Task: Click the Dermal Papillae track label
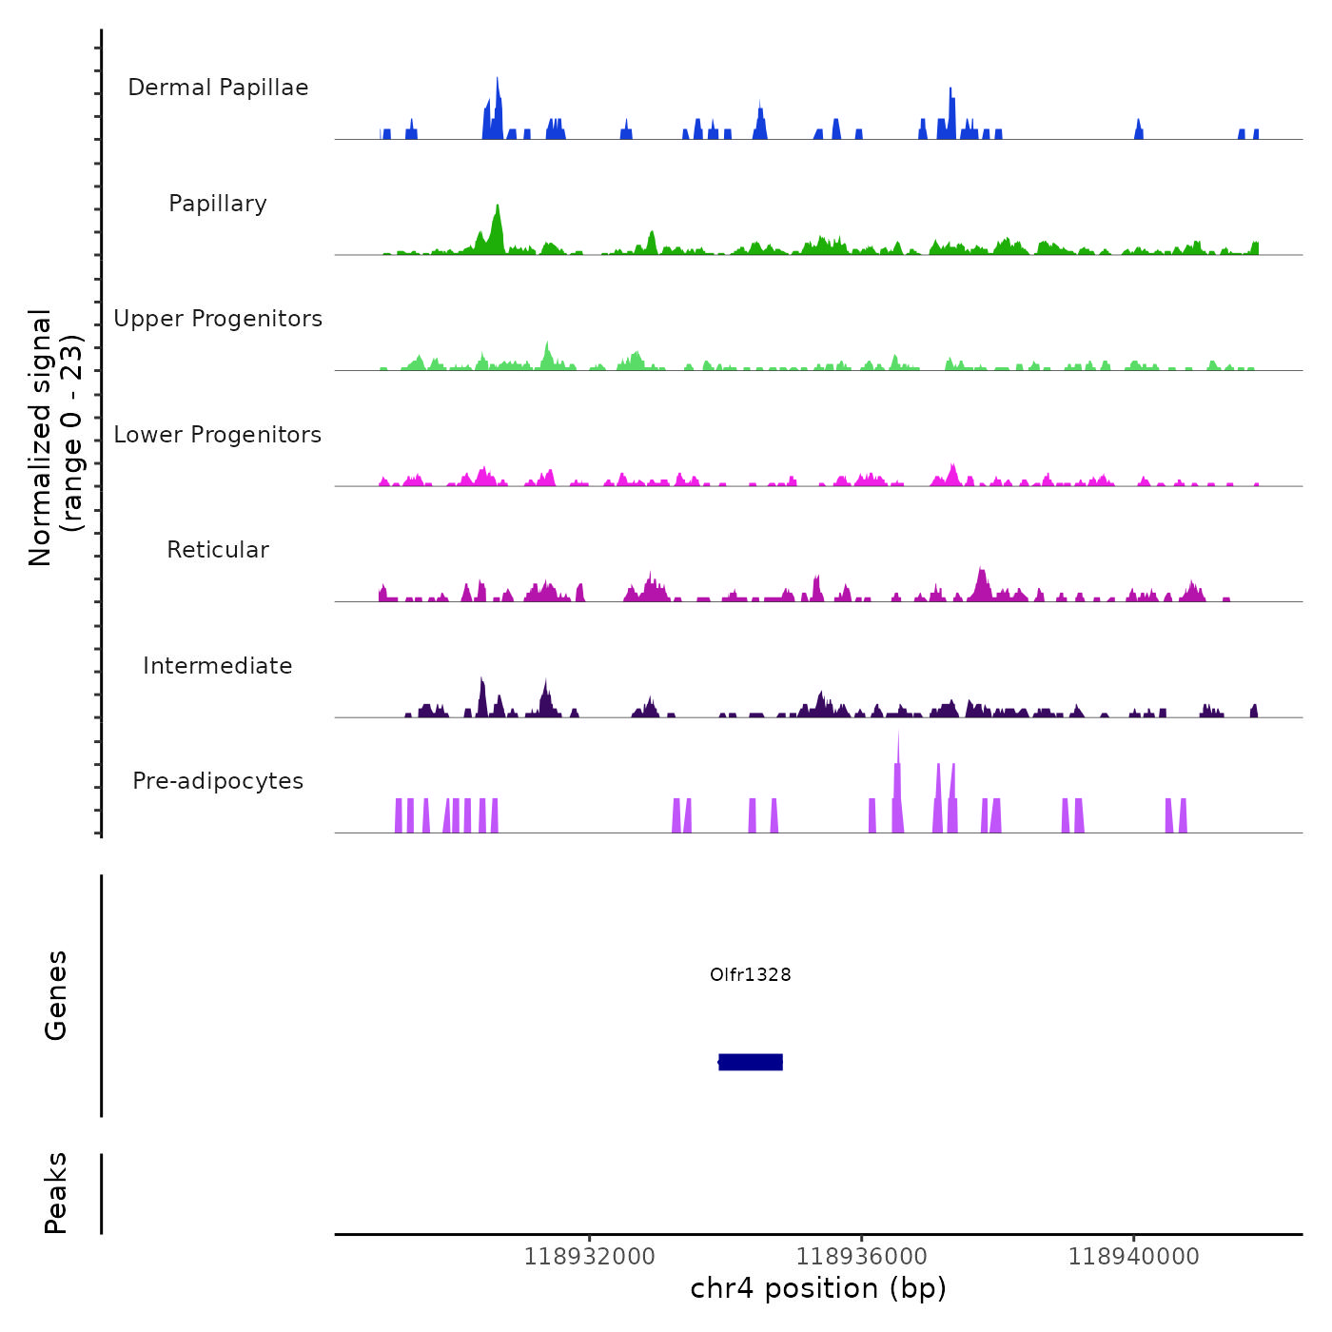point(218,88)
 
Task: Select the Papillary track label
point(218,204)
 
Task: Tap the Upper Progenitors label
point(218,319)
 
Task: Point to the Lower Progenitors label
point(218,435)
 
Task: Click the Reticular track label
point(218,550)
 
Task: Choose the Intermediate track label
point(218,666)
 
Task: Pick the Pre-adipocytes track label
point(218,781)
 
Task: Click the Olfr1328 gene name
point(751,974)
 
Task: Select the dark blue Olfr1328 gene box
point(751,1062)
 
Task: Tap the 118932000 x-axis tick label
point(590,1257)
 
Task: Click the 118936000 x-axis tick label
point(862,1257)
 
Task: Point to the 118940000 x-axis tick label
point(1133,1257)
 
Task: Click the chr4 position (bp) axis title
point(818,1288)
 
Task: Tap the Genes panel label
point(56,995)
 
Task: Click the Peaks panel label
point(56,1193)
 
